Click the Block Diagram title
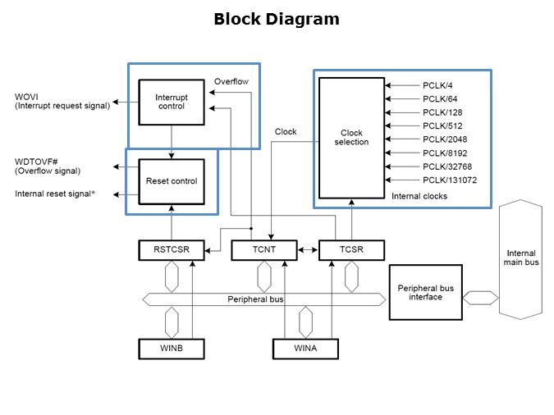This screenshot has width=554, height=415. [276, 19]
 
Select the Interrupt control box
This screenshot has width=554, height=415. [172, 103]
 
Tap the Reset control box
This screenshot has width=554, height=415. [172, 180]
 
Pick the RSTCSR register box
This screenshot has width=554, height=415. [172, 249]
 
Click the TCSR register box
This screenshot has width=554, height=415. [351, 249]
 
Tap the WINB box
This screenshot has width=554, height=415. [172, 349]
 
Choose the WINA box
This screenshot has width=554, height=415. [306, 349]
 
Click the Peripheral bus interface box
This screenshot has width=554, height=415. [425, 292]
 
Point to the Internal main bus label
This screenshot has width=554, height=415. [521, 258]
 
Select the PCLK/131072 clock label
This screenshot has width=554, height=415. [450, 180]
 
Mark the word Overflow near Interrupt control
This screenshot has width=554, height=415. [231, 82]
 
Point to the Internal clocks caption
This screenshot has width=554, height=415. [419, 196]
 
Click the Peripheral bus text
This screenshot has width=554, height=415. [255, 299]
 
